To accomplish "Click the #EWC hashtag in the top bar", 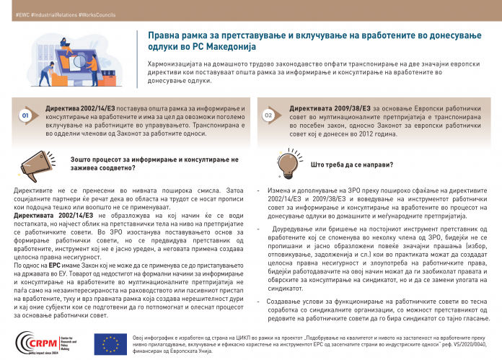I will point(12,14).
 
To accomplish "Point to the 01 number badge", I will point(25,115).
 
